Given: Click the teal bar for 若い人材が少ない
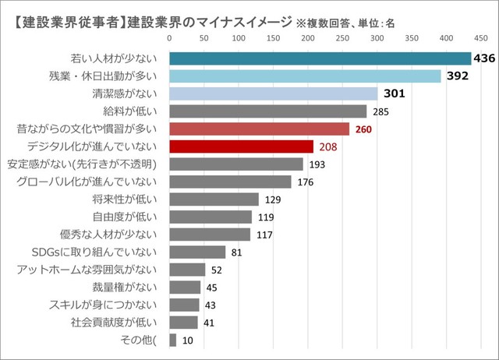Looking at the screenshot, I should pos(320,58).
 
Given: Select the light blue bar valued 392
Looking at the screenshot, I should pos(305,76).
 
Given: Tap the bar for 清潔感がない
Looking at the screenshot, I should pos(274,94).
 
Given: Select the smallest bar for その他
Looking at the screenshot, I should pos(173,339).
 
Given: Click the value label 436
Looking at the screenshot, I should pos(485,58).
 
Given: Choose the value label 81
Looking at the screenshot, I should pos(237,252).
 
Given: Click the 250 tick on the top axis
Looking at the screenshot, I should pos(342,37).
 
